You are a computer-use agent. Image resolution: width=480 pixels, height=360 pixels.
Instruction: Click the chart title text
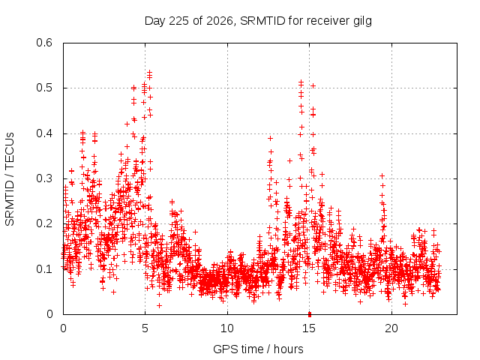coord(258,21)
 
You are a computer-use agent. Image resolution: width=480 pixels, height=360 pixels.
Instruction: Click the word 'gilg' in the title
coord(362,22)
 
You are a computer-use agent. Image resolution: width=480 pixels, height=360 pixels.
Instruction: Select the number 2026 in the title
coord(220,21)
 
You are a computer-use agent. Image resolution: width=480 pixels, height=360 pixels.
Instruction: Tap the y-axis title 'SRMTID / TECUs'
coord(10,179)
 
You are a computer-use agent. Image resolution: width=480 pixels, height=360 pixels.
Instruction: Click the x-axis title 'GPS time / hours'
coord(258,349)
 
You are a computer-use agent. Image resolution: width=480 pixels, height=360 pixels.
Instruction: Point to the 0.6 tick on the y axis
coord(44,43)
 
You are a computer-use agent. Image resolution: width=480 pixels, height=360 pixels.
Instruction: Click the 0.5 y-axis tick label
coord(44,88)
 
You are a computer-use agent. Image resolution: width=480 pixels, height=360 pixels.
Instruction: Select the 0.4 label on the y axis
coord(44,133)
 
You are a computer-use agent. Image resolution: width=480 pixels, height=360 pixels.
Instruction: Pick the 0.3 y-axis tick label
coord(44,178)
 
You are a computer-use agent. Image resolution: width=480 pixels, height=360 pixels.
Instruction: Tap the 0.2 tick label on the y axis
coord(44,223)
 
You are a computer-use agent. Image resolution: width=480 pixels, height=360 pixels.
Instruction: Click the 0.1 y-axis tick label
coord(44,269)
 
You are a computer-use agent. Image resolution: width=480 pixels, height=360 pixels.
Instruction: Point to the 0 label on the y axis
coord(49,314)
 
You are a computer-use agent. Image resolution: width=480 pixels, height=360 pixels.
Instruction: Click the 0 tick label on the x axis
coord(63,328)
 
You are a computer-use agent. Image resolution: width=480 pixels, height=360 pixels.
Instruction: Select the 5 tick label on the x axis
coord(145,328)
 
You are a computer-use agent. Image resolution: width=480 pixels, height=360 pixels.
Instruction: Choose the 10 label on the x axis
coord(227,328)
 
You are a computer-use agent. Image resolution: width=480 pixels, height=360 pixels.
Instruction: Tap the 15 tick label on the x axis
coord(309,328)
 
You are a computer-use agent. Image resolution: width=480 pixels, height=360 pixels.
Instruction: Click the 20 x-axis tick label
coord(391,328)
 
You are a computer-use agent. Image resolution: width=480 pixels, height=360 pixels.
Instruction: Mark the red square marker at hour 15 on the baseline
coord(310,314)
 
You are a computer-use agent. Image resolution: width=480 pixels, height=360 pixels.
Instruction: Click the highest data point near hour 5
coord(150,72)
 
